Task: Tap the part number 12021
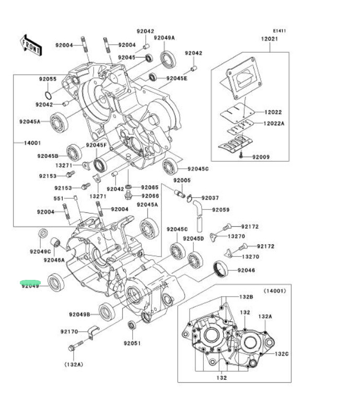coord(270,40)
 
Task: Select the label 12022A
coord(274,124)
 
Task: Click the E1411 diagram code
coord(279,31)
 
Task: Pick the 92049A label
coord(164,38)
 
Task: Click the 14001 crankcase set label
coord(31,143)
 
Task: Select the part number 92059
coord(220,210)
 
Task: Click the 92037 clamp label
coord(210,198)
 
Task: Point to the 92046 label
coord(246,270)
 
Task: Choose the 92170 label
coord(69,332)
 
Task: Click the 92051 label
coord(132,343)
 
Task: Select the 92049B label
coord(79,314)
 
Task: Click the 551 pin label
coord(59,198)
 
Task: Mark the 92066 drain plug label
coord(150,196)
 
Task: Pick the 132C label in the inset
coord(282,353)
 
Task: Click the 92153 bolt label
coord(63,187)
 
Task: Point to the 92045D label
coord(193,238)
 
